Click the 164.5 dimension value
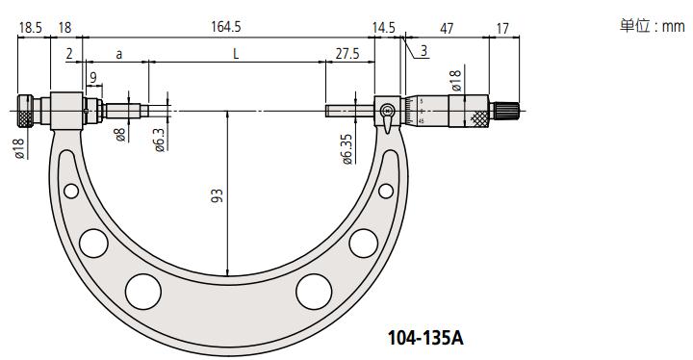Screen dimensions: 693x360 click(x=226, y=27)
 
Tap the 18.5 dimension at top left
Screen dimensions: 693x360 click(x=30, y=28)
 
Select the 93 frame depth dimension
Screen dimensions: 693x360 click(x=217, y=196)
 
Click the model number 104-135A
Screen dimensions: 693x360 click(x=425, y=338)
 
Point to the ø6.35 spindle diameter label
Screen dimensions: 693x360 click(x=347, y=149)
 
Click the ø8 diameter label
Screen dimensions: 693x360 click(x=120, y=134)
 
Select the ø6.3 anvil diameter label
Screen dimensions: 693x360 click(x=159, y=140)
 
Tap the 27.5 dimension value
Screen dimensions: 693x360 click(x=347, y=54)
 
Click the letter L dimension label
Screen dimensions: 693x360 click(x=236, y=54)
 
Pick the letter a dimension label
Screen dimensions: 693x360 click(x=119, y=55)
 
